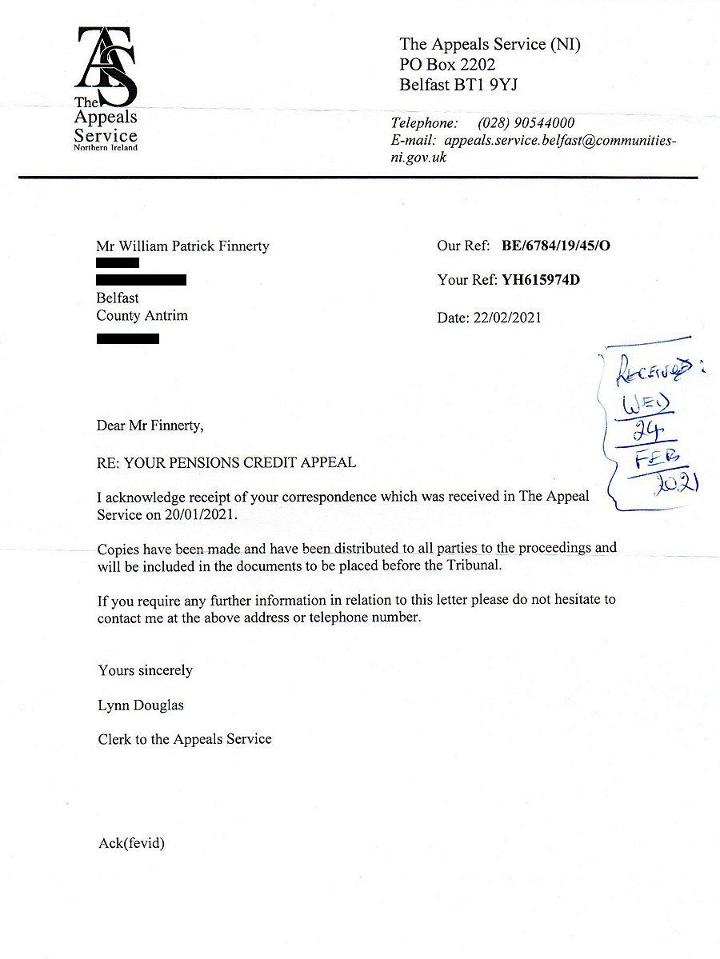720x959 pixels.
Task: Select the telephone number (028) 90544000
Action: coord(526,123)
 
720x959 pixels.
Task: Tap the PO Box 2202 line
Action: coord(447,66)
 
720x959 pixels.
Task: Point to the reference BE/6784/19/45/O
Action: coord(555,246)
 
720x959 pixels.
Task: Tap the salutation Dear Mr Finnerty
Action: coord(150,426)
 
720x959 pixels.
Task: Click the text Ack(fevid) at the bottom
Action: coord(131,843)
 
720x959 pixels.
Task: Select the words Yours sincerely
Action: coord(145,670)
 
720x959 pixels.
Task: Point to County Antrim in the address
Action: coord(142,315)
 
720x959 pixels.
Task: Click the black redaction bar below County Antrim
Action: coord(127,339)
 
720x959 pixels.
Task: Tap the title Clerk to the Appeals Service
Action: coord(185,739)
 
